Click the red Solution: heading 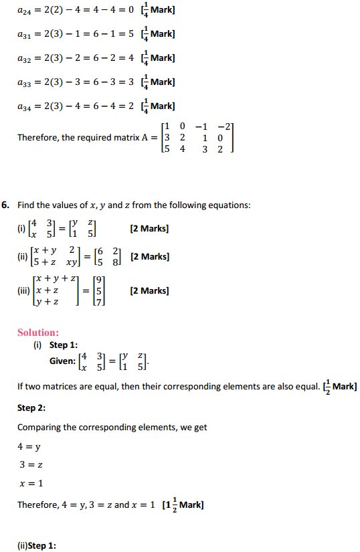[x=38, y=333]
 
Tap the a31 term [x=25, y=35]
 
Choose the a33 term [x=25, y=82]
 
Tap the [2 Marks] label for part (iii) [x=150, y=290]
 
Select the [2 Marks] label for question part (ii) [x=150, y=256]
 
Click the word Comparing [x=41, y=427]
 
